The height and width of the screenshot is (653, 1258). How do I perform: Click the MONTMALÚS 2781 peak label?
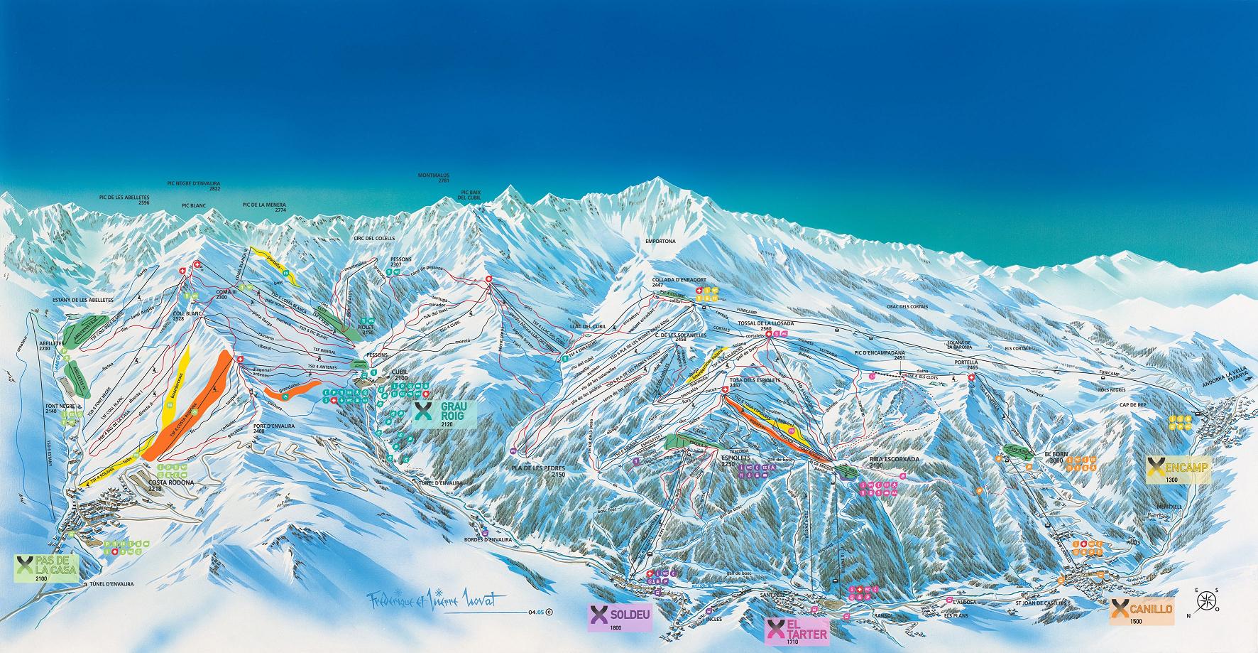pyautogui.click(x=434, y=178)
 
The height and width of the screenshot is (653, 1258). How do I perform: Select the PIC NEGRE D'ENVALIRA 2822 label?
pyautogui.click(x=194, y=186)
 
